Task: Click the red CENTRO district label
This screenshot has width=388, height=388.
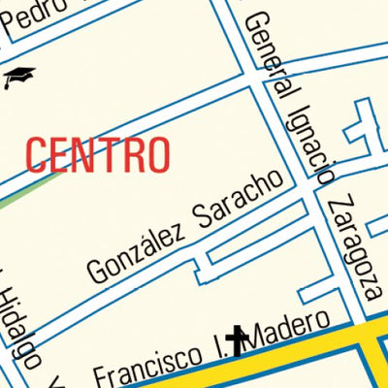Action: click(98, 154)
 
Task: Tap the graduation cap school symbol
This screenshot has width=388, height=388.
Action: click(18, 77)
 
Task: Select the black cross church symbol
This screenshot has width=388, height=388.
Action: click(237, 339)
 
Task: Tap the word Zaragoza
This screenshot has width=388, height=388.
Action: click(351, 247)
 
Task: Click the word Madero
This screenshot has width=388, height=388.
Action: click(294, 330)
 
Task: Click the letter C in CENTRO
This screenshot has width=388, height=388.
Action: click(36, 155)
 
